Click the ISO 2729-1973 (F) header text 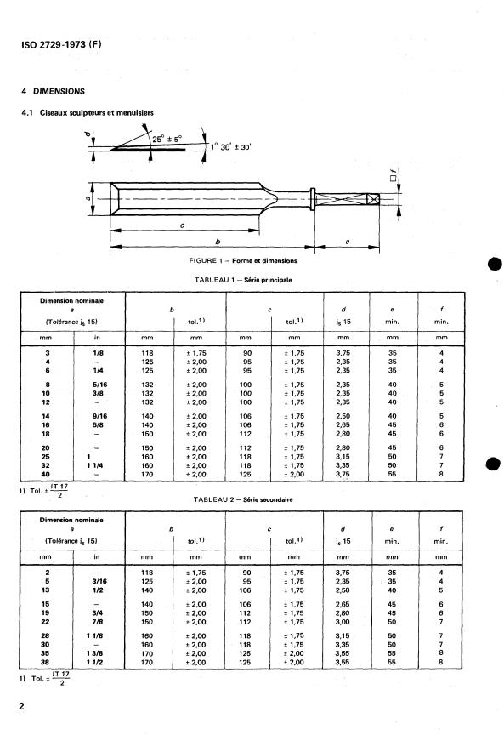pos(61,44)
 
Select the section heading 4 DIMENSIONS pos(53,91)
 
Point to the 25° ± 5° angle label pos(167,140)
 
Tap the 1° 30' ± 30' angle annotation pos(230,146)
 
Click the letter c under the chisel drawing pos(182,225)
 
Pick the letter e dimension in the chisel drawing pos(347,242)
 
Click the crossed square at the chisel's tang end pos(373,199)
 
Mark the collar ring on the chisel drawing pos(313,199)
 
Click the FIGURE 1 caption pos(242,260)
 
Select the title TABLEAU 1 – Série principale pos(243,280)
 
